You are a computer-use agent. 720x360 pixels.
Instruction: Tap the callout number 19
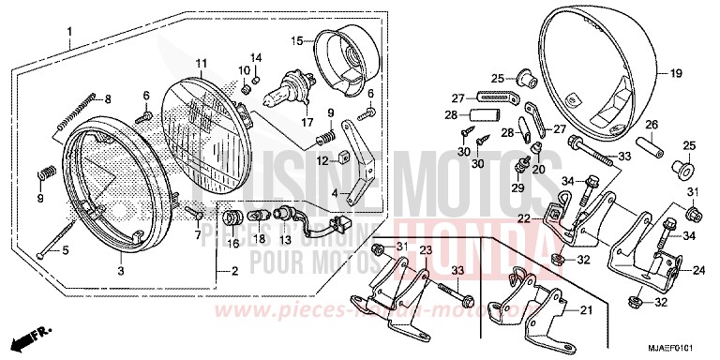[674, 72]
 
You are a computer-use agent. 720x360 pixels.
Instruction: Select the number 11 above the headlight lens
[201, 63]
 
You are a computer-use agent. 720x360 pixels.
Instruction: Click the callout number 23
[425, 250]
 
